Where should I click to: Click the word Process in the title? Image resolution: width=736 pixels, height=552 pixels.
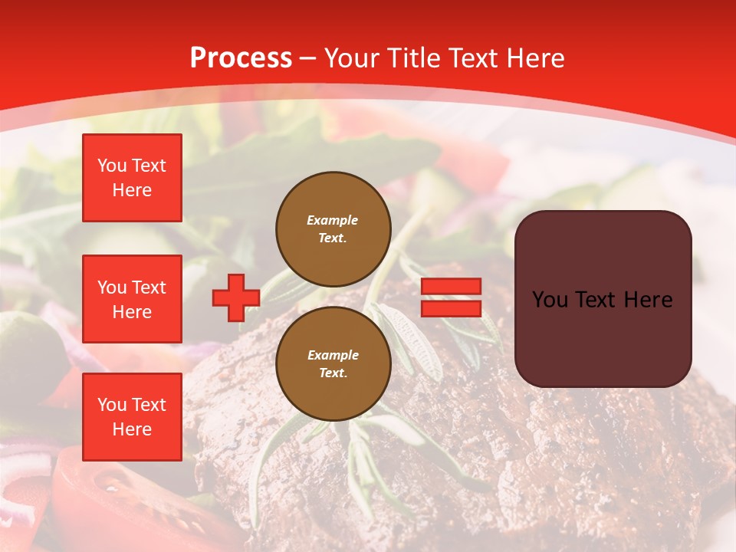pyautogui.click(x=241, y=58)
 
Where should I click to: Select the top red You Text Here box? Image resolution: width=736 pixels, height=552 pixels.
pyautogui.click(x=132, y=178)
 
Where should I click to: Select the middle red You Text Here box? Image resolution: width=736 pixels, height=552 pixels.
pyautogui.click(x=132, y=299)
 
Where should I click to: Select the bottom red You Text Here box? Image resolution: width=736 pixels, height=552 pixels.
pyautogui.click(x=132, y=416)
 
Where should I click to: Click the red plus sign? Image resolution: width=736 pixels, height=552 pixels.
pyautogui.click(x=235, y=297)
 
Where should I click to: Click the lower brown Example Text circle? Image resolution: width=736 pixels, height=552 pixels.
pyautogui.click(x=333, y=364)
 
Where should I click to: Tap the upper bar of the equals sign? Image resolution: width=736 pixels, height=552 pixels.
pyautogui.click(x=451, y=287)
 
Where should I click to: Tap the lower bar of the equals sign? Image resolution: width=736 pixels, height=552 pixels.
pyautogui.click(x=451, y=308)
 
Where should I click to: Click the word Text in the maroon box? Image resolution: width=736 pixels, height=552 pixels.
pyautogui.click(x=598, y=300)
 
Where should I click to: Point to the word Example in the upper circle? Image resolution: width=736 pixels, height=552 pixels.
pyautogui.click(x=332, y=220)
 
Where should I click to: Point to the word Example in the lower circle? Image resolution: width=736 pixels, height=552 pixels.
pyautogui.click(x=332, y=355)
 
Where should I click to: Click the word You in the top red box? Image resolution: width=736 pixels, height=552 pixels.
pyautogui.click(x=111, y=166)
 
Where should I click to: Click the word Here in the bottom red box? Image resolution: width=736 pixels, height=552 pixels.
pyautogui.click(x=132, y=429)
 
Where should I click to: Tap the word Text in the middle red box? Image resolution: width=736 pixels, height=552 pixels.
pyautogui.click(x=149, y=287)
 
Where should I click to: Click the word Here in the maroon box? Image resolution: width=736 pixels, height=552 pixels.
pyautogui.click(x=649, y=300)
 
